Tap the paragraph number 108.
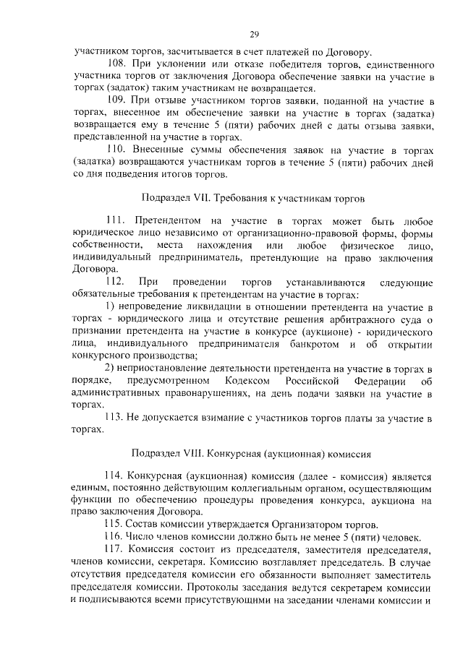117,64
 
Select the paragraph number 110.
116,149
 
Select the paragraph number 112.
116,281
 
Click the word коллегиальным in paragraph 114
256,488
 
